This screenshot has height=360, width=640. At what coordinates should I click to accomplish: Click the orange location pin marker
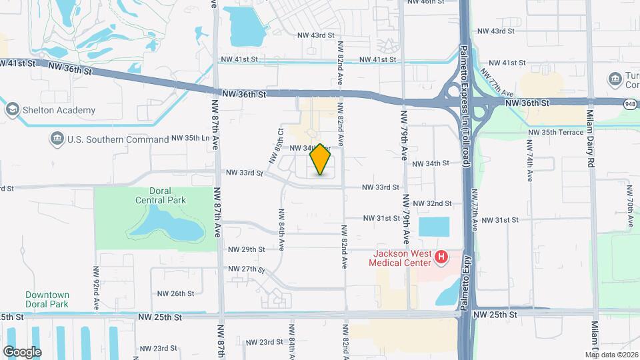click(x=321, y=159)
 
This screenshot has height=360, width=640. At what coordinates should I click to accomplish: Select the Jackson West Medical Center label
click(x=401, y=258)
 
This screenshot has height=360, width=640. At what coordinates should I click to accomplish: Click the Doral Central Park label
click(x=160, y=195)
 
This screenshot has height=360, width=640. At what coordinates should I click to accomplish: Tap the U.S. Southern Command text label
click(x=118, y=139)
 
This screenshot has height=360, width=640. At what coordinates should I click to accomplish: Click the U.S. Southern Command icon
click(x=57, y=139)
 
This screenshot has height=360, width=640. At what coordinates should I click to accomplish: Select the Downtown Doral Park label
click(x=47, y=299)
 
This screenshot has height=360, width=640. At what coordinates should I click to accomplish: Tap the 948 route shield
click(x=630, y=103)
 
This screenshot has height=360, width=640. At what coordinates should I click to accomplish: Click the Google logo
click(x=21, y=351)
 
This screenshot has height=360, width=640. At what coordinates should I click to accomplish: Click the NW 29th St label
click(x=247, y=249)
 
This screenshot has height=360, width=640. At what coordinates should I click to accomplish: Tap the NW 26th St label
click(x=175, y=293)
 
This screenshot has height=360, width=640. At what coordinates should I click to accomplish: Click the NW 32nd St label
click(x=433, y=203)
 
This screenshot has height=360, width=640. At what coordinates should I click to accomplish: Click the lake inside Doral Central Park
click(x=167, y=225)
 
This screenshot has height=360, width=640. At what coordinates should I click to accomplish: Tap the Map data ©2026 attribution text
click(x=612, y=355)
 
